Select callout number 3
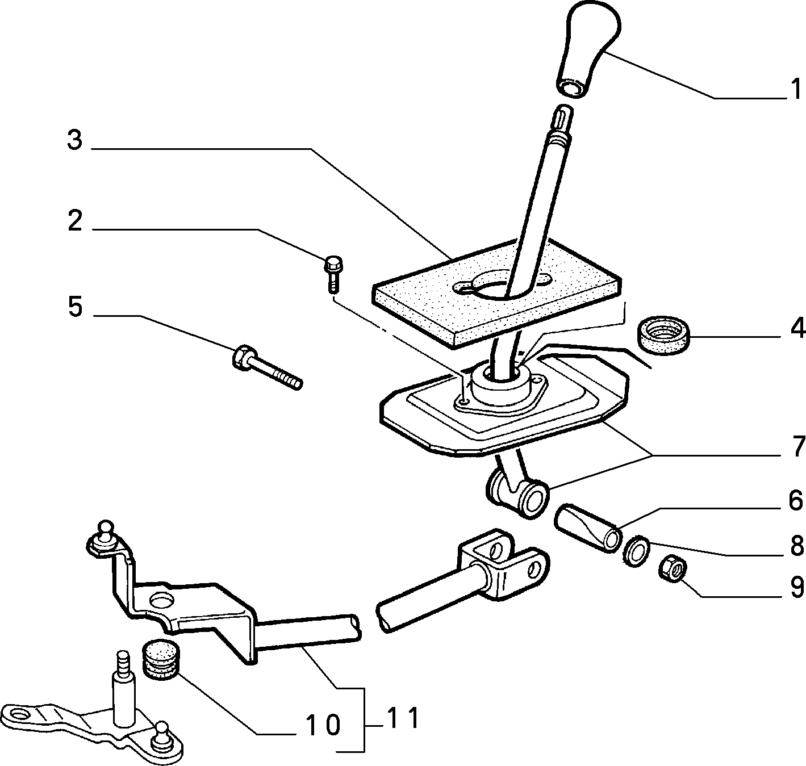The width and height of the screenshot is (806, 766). tap(74, 140)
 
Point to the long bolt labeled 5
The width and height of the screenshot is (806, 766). tap(267, 367)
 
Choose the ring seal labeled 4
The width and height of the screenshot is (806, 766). tap(663, 335)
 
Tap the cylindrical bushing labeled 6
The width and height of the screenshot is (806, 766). tap(587, 528)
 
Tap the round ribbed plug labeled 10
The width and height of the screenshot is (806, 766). tap(161, 659)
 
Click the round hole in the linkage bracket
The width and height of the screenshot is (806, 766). tap(162, 600)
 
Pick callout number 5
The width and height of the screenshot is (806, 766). tap(75, 307)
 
